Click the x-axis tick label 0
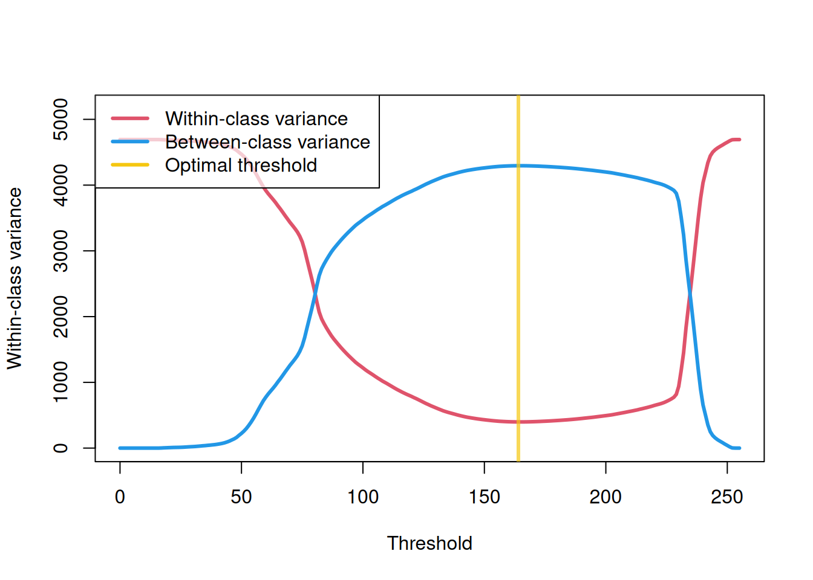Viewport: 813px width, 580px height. [120, 497]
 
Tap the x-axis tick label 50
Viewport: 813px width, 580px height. [241, 497]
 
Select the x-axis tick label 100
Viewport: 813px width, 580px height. [363, 497]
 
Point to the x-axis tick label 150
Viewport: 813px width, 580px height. [485, 497]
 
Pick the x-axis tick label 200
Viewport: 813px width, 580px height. [606, 497]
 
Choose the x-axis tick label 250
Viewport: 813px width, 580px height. [727, 497]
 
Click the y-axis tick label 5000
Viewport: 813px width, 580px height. [60, 119]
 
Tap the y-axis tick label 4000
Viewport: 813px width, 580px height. [60, 185]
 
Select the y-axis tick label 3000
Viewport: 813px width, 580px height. [60, 251]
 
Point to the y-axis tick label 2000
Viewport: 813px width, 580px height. [60, 317]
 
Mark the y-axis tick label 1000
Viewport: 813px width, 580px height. [60, 382]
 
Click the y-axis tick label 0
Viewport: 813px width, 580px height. [60, 448]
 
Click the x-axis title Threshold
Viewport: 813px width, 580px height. [429, 543]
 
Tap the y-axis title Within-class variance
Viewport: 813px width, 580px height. [15, 279]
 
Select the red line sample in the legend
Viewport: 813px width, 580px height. [130, 118]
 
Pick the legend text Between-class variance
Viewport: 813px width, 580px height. [267, 142]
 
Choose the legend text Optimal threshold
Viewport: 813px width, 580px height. [241, 166]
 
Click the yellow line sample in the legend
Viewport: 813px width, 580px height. [130, 165]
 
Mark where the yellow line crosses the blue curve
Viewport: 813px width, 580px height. [518, 166]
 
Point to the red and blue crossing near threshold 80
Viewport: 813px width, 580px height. [315, 294]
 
